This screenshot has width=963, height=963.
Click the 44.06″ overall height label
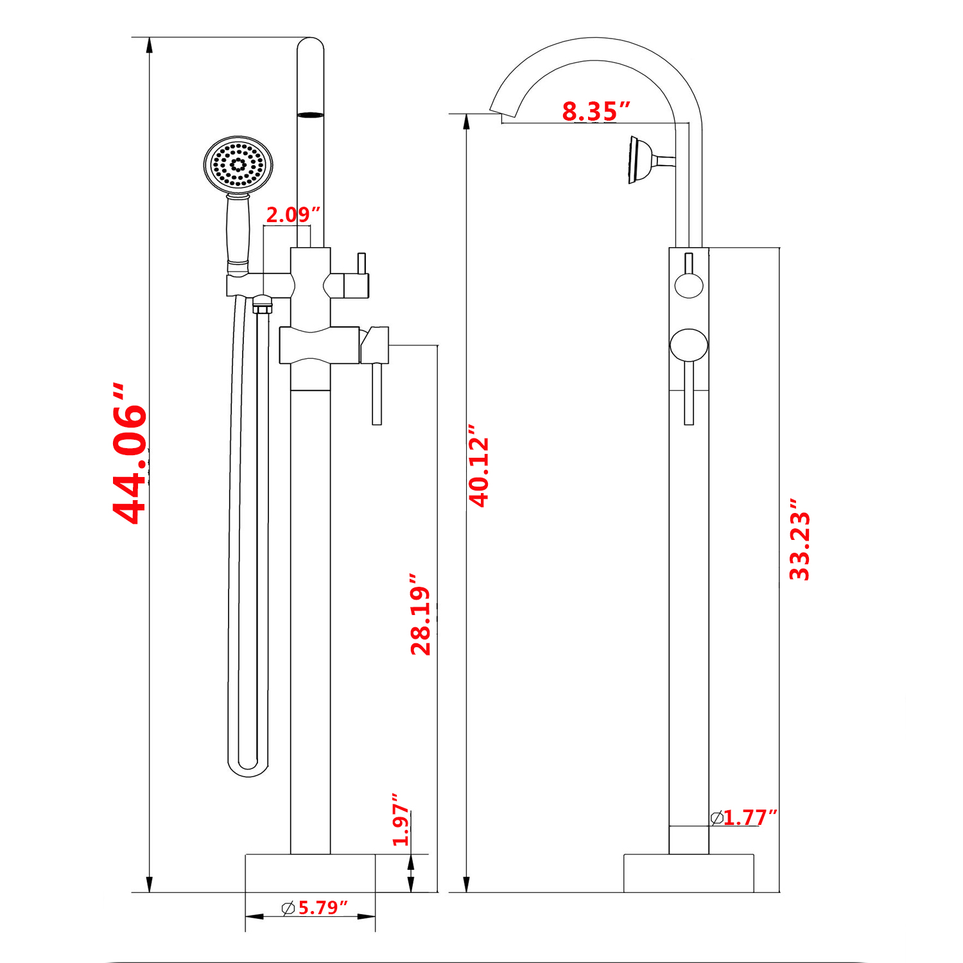pos(130,455)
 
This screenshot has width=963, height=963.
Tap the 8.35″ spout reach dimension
pos(596,111)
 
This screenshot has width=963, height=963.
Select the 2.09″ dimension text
pos(293,214)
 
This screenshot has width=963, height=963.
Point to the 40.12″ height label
pos(479,465)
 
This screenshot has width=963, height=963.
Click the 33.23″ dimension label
pos(800,539)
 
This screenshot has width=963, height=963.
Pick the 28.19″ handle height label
pos(421,614)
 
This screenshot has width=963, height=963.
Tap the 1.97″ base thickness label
pos(401,820)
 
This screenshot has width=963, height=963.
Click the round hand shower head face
pos(238,164)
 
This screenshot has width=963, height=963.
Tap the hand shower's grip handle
pos(238,231)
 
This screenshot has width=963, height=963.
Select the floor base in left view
pos(310,873)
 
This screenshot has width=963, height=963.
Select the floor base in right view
pos(688,873)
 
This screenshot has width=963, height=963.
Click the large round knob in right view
pos(689,345)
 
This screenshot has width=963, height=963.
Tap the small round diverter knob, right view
pos(689,284)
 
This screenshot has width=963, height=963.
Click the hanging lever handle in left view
pos(377,393)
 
